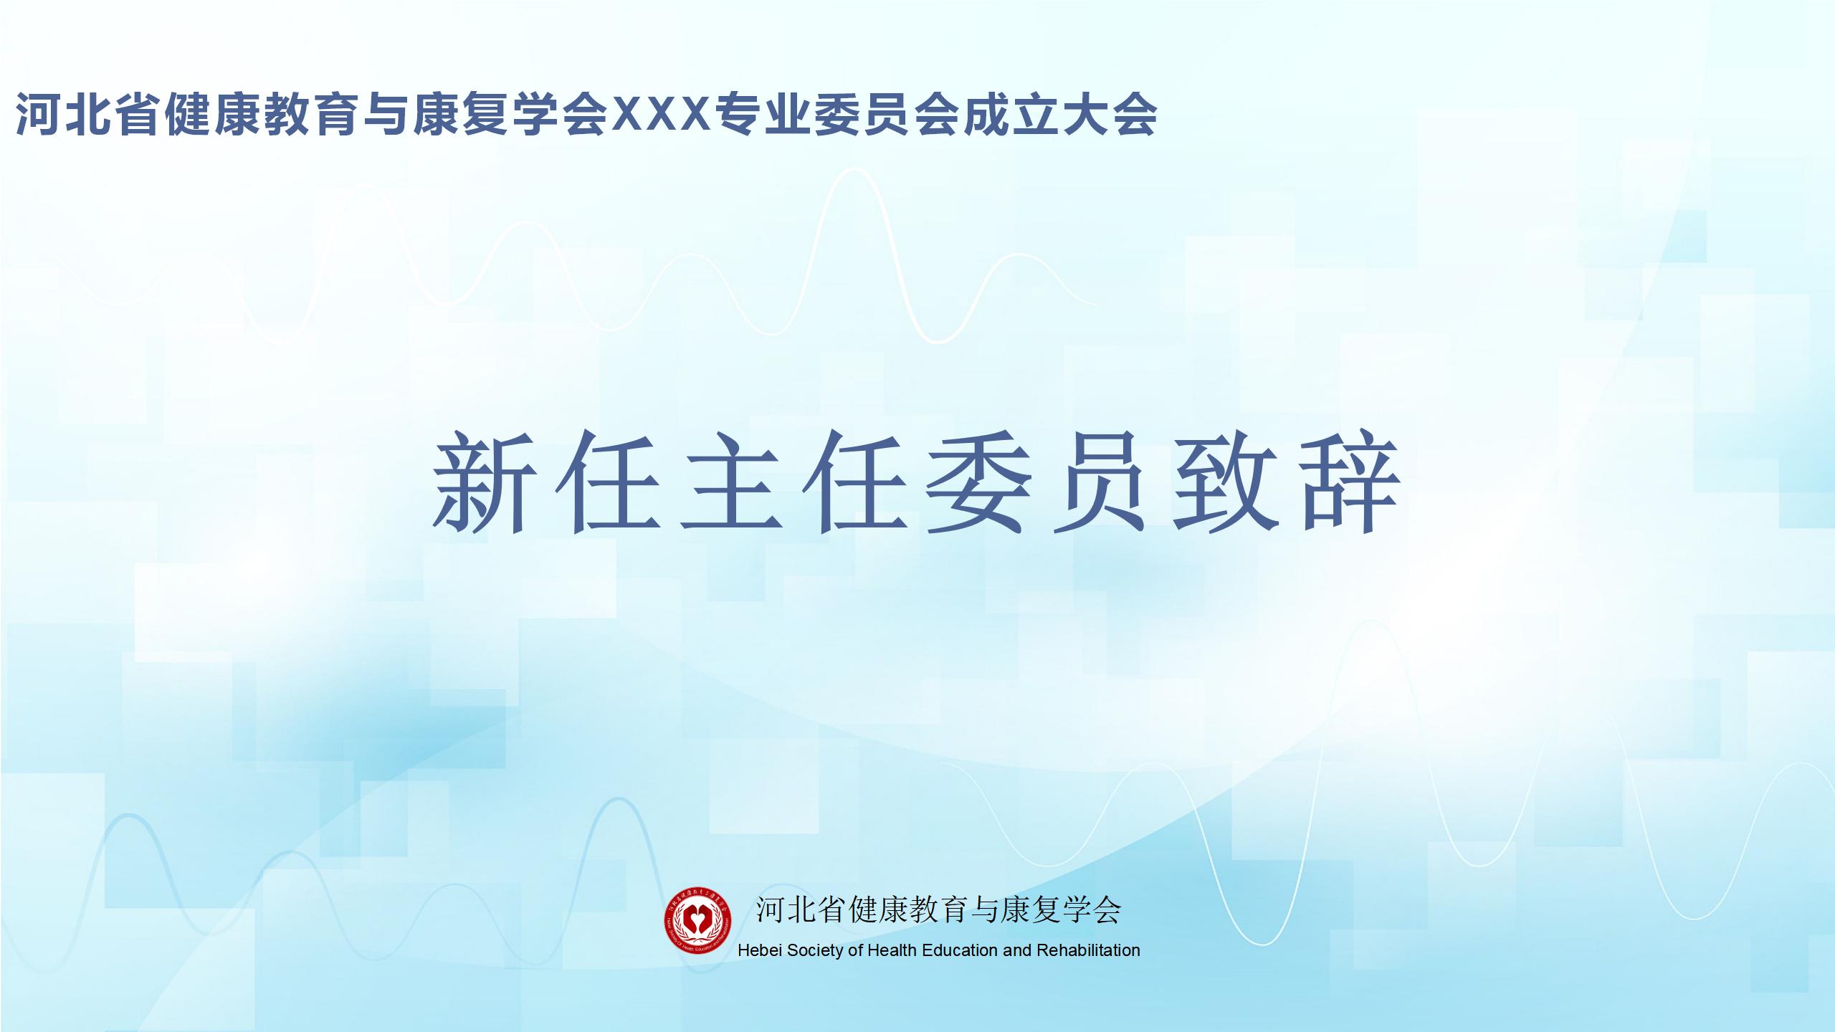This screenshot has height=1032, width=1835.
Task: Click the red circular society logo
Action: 697,920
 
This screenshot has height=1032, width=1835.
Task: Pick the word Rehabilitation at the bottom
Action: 1088,950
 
